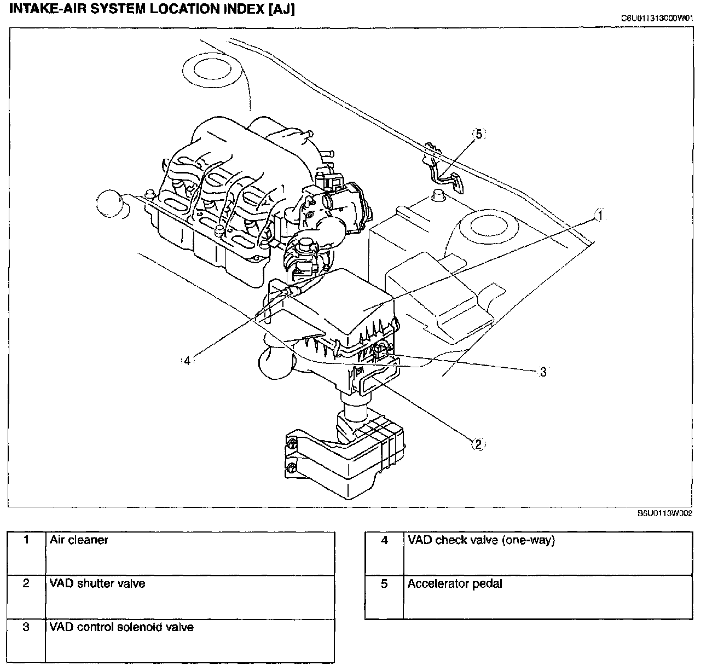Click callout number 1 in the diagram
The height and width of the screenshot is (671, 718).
tap(599, 216)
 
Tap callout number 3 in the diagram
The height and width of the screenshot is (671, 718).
tap(543, 372)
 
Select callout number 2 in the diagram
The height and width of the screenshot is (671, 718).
tap(477, 444)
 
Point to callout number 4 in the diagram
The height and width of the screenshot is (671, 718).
tap(187, 361)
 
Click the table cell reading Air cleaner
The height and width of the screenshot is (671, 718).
tap(79, 540)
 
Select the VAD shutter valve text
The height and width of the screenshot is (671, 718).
tap(97, 583)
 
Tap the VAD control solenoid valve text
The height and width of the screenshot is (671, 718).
tap(121, 627)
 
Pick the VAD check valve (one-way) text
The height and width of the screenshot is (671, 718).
tap(481, 540)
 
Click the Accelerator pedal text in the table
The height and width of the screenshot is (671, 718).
tap(455, 583)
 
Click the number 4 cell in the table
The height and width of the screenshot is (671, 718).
tap(384, 540)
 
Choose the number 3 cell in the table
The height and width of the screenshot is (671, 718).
tap(26, 627)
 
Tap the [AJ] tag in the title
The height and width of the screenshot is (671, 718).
tap(281, 9)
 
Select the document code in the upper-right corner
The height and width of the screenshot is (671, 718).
tap(657, 18)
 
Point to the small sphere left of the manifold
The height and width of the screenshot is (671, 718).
tap(111, 205)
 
